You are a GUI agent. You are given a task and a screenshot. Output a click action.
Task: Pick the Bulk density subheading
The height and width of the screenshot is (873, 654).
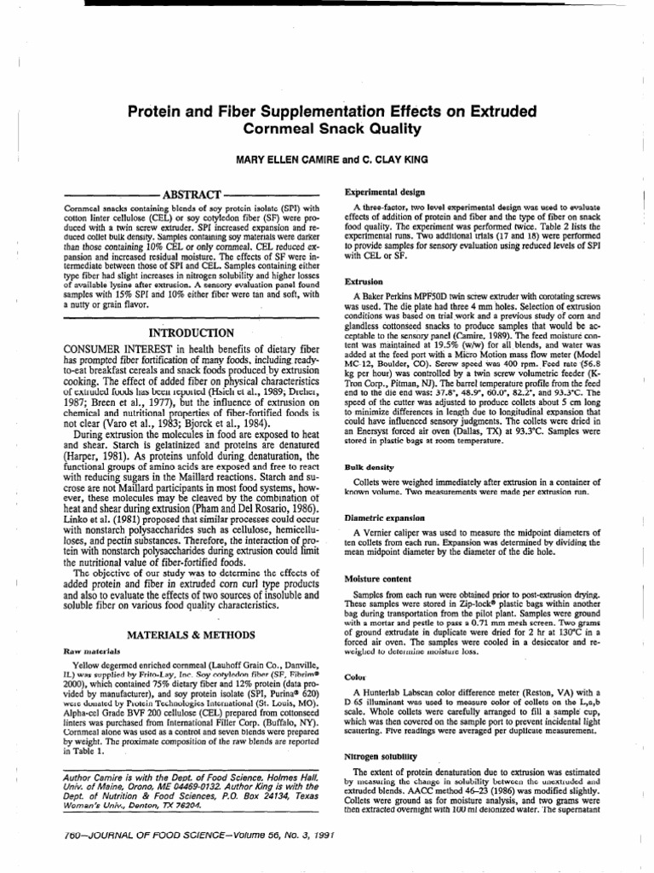coord(367,468)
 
